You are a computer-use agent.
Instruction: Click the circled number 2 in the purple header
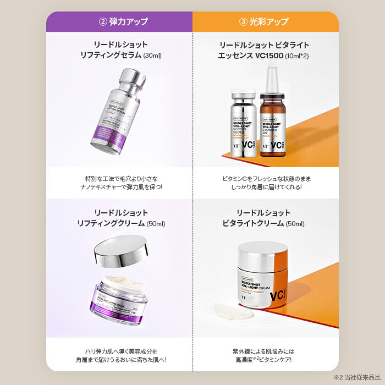pyautogui.click(x=102, y=22)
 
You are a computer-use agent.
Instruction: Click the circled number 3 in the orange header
pyautogui.click(x=244, y=22)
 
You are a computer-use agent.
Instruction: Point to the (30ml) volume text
pyautogui.click(x=152, y=56)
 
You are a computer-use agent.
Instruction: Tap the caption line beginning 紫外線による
pyautogui.click(x=262, y=350)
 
